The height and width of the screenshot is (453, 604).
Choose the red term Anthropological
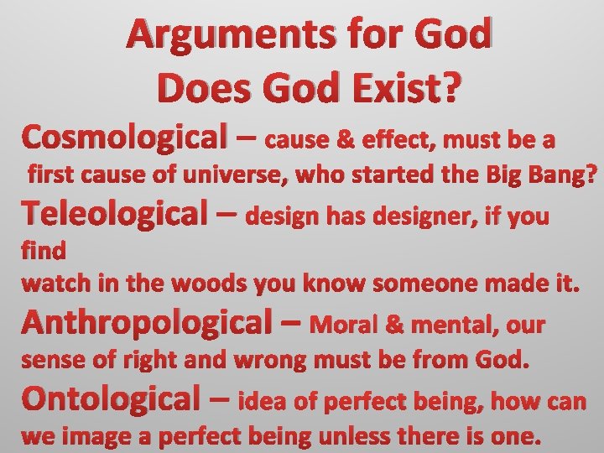(150, 322)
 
